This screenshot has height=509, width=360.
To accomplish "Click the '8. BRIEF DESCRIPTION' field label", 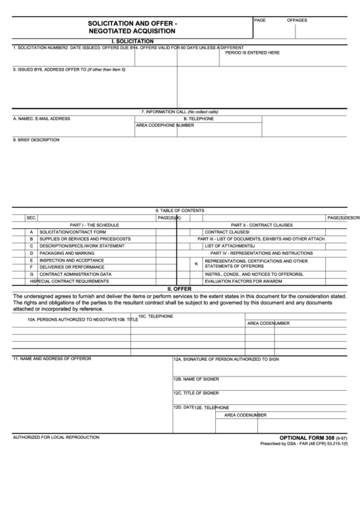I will (x=37, y=140).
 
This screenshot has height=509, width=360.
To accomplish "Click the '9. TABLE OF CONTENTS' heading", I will (x=179, y=211).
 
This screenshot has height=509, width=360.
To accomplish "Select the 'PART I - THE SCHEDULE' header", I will (x=94, y=225).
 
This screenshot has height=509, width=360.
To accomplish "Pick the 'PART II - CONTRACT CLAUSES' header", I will (x=262, y=225).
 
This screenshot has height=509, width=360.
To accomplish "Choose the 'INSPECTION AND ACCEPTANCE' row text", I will (x=71, y=260).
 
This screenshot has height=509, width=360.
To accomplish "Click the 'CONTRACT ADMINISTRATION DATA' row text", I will (x=75, y=274).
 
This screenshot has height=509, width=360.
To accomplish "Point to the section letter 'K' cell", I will (x=196, y=264).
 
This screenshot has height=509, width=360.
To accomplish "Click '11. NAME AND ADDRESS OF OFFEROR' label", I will (x=52, y=358).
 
